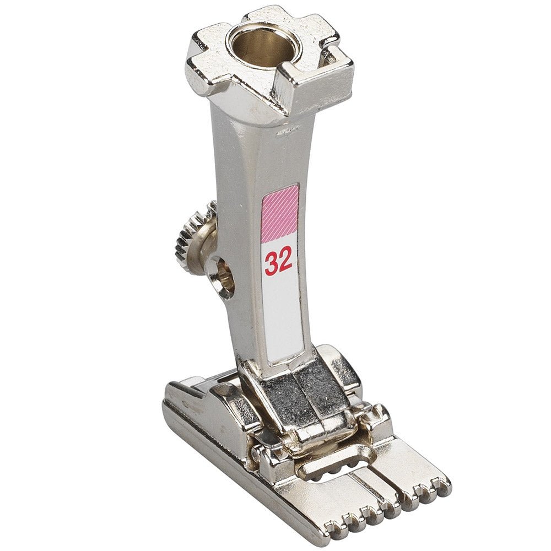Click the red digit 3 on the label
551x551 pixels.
click(272, 262)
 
